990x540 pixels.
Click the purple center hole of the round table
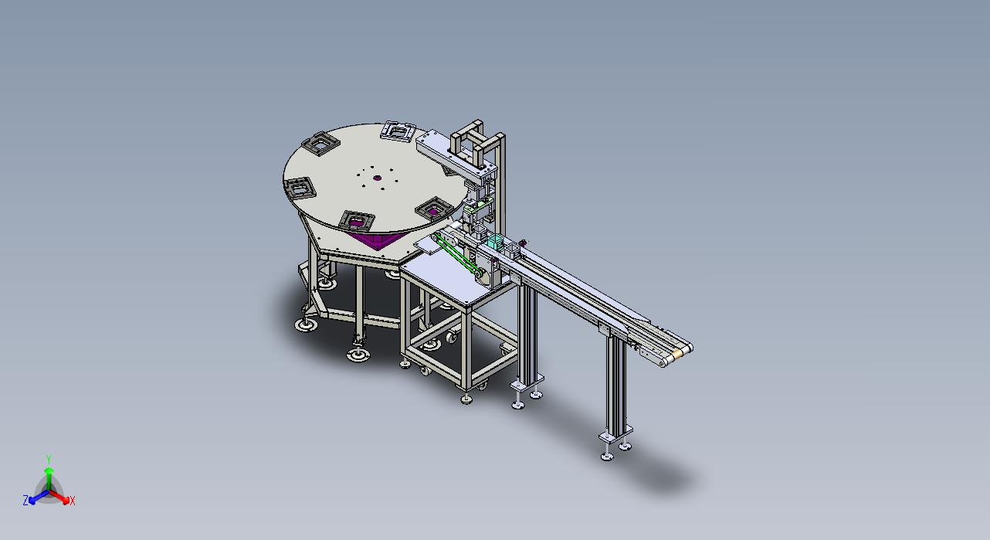(x=377, y=178)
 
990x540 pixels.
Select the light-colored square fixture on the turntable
(x=398, y=131)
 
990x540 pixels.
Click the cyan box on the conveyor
(x=495, y=242)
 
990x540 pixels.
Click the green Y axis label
(x=49, y=458)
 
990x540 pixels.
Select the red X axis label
(x=73, y=501)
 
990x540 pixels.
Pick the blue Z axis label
(x=25, y=501)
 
